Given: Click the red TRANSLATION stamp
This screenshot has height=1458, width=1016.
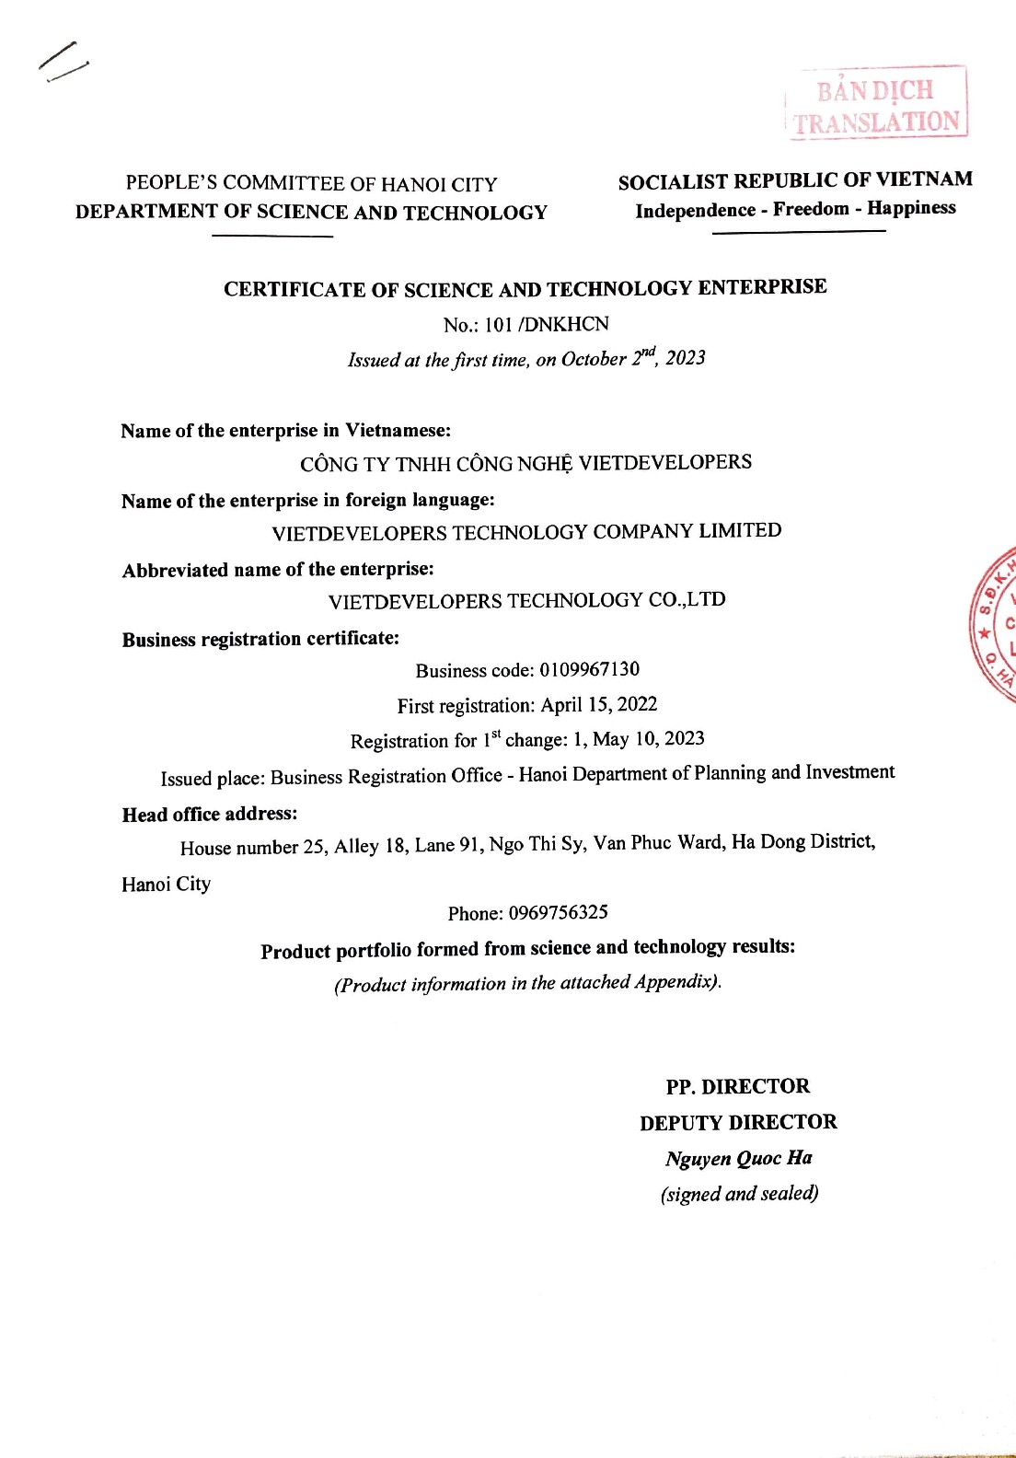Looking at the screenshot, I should [877, 103].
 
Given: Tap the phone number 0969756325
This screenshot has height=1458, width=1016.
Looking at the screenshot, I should [558, 912].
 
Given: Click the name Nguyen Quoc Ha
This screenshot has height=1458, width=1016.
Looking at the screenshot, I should [738, 1158].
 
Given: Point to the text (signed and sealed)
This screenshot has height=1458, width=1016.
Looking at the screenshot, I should [739, 1194].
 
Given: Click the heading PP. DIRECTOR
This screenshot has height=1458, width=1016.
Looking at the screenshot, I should [738, 1086].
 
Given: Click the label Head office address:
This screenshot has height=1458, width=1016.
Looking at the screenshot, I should [210, 814].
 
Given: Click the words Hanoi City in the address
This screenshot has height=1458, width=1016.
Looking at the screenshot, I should [166, 884].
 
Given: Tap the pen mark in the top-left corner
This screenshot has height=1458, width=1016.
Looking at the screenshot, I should [63, 61].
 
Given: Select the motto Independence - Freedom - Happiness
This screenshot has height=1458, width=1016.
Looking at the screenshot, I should [795, 209].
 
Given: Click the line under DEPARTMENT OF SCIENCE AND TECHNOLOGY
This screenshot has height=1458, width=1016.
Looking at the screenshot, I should [272, 237].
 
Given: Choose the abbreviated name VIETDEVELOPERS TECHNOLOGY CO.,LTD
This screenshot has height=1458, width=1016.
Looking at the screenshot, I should [526, 601].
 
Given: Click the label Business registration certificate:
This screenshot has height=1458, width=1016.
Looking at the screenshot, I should [260, 639].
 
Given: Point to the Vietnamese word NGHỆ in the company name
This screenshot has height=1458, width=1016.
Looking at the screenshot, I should [545, 464].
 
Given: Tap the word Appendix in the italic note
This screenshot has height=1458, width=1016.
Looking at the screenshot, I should [675, 982].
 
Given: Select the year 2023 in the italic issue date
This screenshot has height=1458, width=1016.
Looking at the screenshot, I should [685, 358].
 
